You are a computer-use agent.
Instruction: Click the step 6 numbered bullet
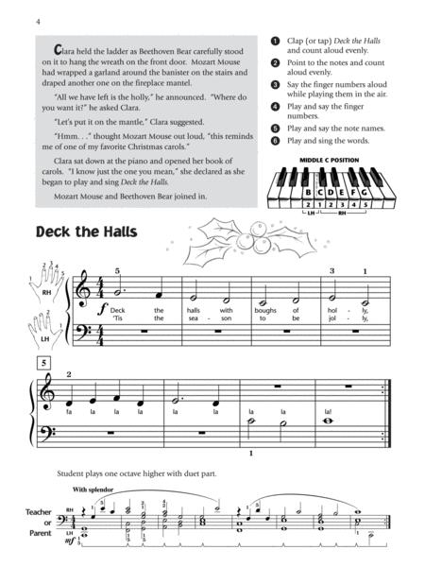(x=274, y=140)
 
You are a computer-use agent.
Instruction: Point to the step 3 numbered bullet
(x=274, y=85)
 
